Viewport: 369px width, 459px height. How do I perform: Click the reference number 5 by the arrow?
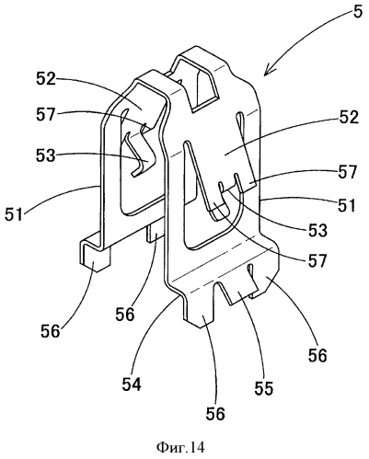[x=358, y=11]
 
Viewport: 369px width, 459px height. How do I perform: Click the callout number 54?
[x=133, y=383]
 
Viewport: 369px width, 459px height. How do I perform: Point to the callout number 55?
[x=264, y=387]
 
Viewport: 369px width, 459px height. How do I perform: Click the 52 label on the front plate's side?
[x=348, y=117]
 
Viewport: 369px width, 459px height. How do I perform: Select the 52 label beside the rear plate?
[x=46, y=79]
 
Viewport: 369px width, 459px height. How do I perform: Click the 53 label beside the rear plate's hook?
[x=46, y=155]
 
